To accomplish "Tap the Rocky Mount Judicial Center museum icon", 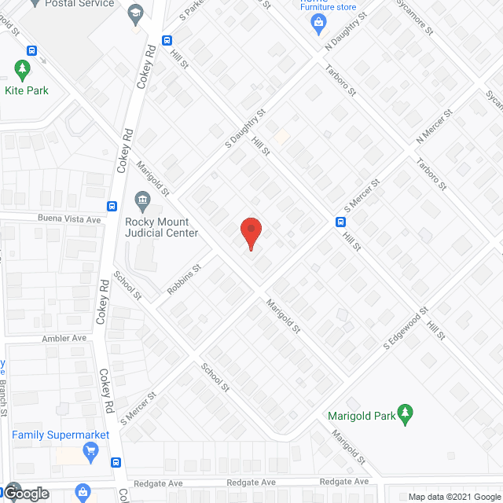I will click(143, 199).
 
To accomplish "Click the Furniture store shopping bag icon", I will click(318, 24).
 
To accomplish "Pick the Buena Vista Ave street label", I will click(69, 219).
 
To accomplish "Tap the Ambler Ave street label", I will click(64, 338).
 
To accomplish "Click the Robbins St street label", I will click(184, 280).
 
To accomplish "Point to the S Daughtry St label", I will click(245, 130).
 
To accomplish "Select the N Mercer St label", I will click(435, 127).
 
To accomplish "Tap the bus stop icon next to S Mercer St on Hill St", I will click(340, 221).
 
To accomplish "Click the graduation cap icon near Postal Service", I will click(137, 13).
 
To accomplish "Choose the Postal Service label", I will click(79, 4).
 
